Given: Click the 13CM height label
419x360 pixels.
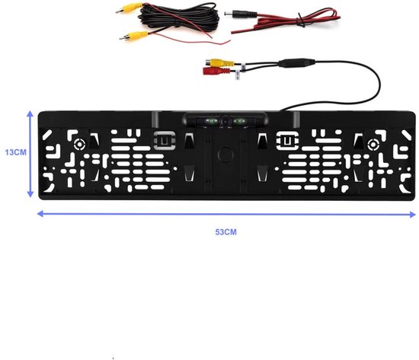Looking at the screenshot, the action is point(16,152).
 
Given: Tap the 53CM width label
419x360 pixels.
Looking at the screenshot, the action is point(225,232).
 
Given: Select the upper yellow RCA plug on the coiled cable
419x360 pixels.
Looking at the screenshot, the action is point(130,8).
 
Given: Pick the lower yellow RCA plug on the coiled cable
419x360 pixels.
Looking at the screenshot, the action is point(133,36).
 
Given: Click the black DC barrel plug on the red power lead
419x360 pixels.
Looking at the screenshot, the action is point(241,14).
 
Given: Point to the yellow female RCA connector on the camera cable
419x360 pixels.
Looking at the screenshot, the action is point(219,62).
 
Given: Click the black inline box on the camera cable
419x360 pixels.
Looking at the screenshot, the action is point(296,62).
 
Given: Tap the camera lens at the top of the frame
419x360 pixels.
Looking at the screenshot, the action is point(225,120).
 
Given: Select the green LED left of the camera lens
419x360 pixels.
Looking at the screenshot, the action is point(211,122).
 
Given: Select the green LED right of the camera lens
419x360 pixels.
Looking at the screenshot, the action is point(240,122).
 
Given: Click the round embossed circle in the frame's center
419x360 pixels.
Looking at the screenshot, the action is point(225,155).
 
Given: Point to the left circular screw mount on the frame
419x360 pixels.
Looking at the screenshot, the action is point(80,145).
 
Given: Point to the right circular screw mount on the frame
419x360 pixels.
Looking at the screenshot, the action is point(373,145).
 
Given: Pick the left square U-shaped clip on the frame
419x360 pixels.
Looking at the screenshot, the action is point(164,140).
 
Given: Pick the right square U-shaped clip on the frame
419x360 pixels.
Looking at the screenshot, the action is point(287,140).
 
